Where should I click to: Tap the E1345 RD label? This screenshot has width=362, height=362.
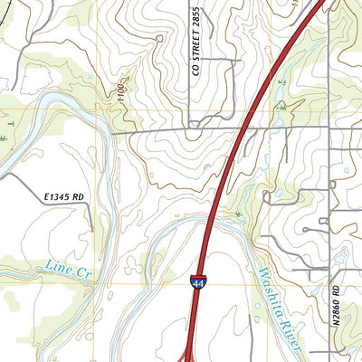click(62, 195)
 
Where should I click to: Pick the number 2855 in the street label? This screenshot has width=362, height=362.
click(195, 18)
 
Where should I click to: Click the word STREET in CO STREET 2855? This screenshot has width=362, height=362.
click(195, 49)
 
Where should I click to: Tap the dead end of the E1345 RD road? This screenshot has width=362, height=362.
click(92, 232)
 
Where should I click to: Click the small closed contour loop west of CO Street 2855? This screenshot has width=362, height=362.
click(159, 38)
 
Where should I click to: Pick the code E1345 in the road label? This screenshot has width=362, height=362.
click(55, 195)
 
